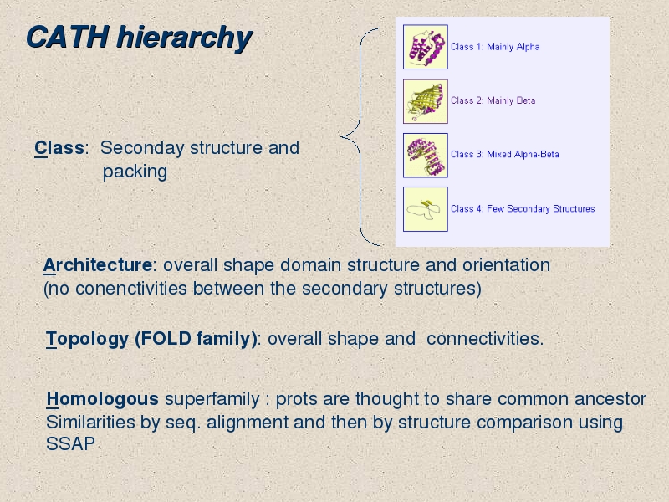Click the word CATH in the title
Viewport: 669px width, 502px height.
coord(68,37)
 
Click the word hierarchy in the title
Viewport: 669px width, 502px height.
coord(184,38)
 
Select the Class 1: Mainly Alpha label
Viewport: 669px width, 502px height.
coord(495,47)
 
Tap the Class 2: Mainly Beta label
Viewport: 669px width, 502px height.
coord(493,100)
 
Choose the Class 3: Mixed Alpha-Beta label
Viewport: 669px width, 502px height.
coord(505,154)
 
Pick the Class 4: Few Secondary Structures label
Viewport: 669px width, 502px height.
coord(523,208)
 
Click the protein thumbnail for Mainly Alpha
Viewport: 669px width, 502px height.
coord(426,47)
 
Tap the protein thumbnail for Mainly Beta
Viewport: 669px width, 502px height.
coord(426,101)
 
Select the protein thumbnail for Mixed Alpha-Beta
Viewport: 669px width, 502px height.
coord(426,156)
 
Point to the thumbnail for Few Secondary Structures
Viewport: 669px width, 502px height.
coord(426,209)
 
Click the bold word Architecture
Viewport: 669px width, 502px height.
coord(98,264)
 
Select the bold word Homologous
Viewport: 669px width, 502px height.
coord(102,399)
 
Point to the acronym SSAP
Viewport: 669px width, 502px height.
coord(70,444)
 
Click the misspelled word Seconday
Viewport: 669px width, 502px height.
coord(142,149)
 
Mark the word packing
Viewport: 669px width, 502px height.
coord(135,172)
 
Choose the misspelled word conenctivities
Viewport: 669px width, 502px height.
coord(131,288)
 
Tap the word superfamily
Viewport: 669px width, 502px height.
coord(212,400)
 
